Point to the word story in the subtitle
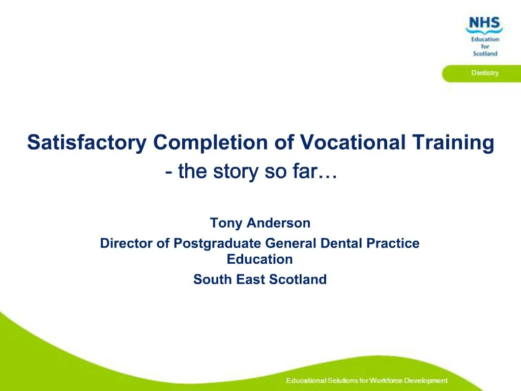(x=234, y=172)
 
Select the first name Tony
(x=224, y=223)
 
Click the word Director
(x=127, y=243)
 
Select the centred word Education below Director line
(x=260, y=259)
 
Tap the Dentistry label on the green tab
(x=484, y=73)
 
